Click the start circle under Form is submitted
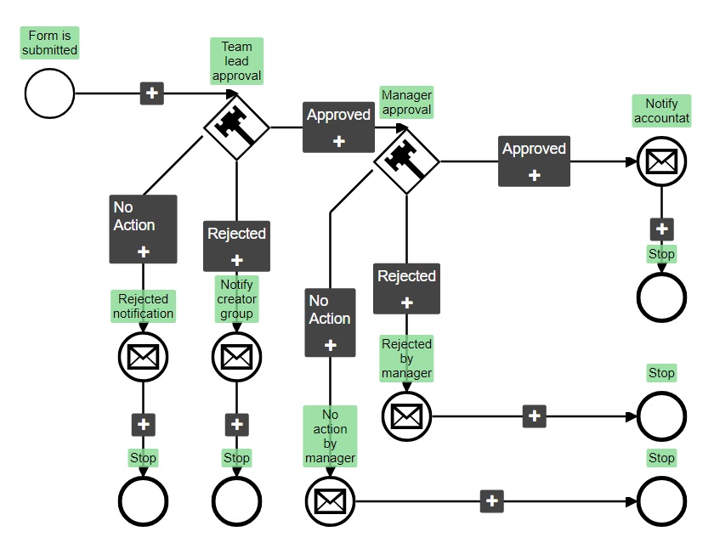click(49, 93)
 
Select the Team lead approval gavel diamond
click(236, 127)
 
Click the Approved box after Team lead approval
click(338, 127)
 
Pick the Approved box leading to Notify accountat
click(534, 161)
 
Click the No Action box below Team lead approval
click(143, 229)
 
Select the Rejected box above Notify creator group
click(236, 246)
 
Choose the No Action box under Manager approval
click(330, 322)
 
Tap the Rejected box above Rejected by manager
click(406, 288)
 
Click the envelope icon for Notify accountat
click(661, 161)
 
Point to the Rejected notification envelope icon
click(143, 356)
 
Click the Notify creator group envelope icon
click(236, 356)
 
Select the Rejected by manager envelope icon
click(406, 416)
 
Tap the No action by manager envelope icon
click(330, 501)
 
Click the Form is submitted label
click(49, 42)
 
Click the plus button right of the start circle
click(151, 93)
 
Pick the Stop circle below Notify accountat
click(661, 297)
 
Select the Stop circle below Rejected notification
click(143, 501)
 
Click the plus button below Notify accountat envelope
click(661, 229)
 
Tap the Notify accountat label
click(661, 110)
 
